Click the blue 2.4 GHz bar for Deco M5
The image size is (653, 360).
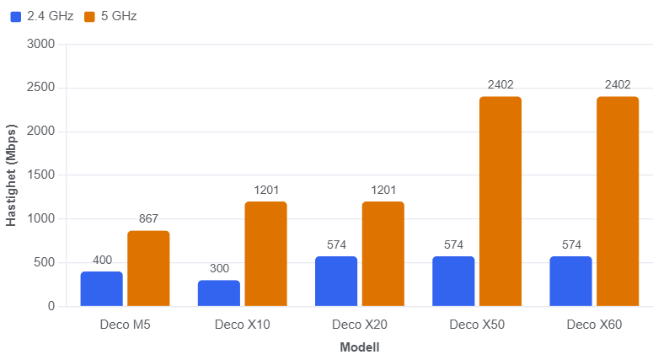click(x=102, y=288)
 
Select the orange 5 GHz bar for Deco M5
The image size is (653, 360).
click(x=148, y=268)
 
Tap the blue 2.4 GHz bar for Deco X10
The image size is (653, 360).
click(x=219, y=293)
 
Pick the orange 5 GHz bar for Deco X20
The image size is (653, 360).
click(x=383, y=254)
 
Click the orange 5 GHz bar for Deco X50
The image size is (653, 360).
click(x=500, y=201)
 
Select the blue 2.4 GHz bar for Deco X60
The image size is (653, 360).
click(x=571, y=282)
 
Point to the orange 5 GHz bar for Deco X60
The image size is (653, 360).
click(x=618, y=201)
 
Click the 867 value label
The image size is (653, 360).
click(x=148, y=218)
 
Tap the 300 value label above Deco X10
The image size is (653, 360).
click(x=219, y=268)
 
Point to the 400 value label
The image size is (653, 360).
click(x=103, y=260)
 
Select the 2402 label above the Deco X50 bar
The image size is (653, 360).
click(x=500, y=84)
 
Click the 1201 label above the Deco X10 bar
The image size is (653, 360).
click(x=266, y=190)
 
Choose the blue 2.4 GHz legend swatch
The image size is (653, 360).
click(x=15, y=17)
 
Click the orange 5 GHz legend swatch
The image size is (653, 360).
click(x=89, y=17)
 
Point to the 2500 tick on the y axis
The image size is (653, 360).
click(x=40, y=87)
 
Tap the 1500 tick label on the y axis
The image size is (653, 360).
click(x=40, y=175)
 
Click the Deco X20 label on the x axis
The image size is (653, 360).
click(x=360, y=325)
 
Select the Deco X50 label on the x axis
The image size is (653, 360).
click(x=477, y=325)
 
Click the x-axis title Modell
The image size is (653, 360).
click(x=360, y=347)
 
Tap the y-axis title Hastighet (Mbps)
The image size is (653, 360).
click(x=11, y=175)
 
